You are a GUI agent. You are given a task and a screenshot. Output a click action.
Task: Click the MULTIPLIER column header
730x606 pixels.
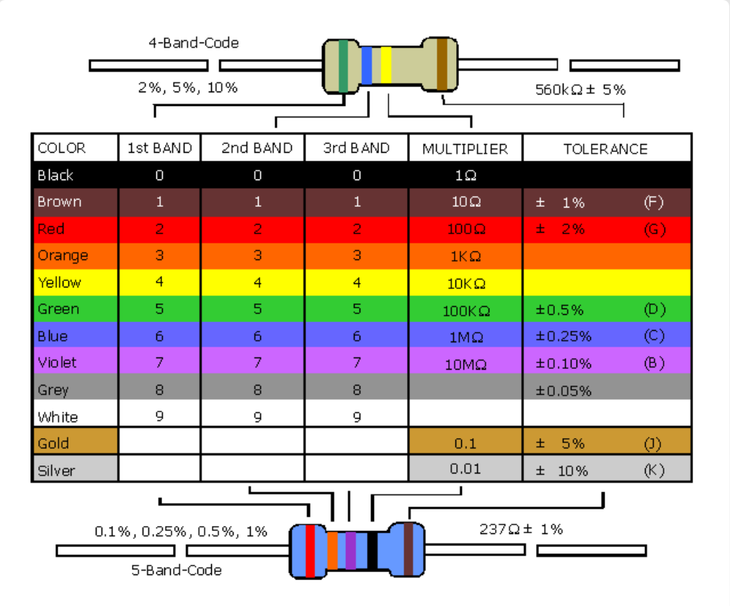tap(465, 149)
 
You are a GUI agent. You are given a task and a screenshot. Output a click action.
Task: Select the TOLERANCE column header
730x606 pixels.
tap(605, 149)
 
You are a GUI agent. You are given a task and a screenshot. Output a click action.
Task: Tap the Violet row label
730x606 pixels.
tap(57, 362)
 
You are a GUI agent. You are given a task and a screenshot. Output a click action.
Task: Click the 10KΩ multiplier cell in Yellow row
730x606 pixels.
tap(465, 283)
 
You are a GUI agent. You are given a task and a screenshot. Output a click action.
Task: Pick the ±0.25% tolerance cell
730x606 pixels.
tap(564, 337)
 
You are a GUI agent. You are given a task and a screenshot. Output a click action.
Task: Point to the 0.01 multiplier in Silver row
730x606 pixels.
tap(465, 469)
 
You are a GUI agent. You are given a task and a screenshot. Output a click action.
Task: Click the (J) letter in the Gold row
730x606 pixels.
tap(653, 443)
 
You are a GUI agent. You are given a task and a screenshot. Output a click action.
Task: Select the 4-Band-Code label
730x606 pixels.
tap(193, 43)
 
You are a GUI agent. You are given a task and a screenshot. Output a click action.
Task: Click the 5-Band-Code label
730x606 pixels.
tap(177, 571)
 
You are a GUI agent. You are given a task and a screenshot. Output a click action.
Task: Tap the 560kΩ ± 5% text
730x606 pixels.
tap(580, 90)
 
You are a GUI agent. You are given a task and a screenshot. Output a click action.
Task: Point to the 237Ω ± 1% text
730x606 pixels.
tap(521, 529)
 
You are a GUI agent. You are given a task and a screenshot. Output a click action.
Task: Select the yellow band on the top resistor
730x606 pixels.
tap(386, 66)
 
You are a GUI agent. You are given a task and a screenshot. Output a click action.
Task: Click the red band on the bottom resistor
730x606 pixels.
tap(310, 552)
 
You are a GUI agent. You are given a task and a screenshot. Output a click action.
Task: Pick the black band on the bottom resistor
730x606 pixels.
tap(372, 551)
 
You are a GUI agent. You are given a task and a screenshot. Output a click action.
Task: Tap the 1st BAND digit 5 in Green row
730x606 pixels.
tap(159, 310)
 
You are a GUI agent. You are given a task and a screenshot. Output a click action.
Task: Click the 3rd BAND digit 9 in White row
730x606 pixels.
tap(357, 416)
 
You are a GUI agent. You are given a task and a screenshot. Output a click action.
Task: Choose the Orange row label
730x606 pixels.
tap(63, 256)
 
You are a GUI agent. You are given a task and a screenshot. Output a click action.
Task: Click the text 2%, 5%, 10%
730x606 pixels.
tap(187, 88)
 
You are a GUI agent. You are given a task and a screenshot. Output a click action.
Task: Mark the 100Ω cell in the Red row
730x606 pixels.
tap(465, 229)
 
